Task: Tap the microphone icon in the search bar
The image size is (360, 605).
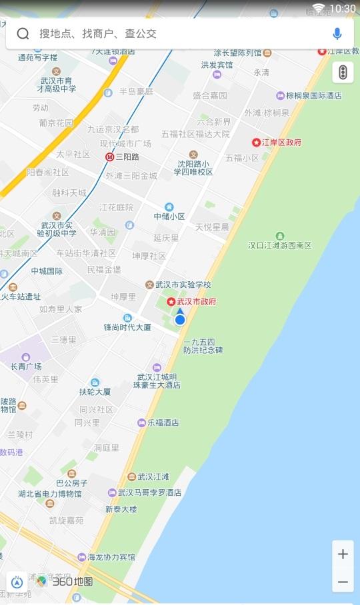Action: coord(337,34)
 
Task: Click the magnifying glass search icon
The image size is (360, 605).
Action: coord(23,34)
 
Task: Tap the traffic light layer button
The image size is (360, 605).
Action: coord(343,72)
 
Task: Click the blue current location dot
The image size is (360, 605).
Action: coord(180,320)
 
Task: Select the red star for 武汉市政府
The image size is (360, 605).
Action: coord(171,302)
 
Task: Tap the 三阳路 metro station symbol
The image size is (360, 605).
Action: coord(110,157)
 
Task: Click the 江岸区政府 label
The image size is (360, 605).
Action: coord(281,142)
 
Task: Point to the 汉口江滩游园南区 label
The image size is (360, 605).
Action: coord(280,245)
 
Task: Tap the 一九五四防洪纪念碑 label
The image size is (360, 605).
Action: coord(203,346)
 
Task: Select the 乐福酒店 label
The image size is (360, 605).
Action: coord(163,422)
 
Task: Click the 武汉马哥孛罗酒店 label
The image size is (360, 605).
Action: coord(149,493)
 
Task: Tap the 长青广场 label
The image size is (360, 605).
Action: coord(26,366)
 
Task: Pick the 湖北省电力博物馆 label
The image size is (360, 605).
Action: coord(51,494)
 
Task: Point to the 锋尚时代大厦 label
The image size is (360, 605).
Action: coord(128,327)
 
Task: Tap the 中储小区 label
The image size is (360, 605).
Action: coord(169,216)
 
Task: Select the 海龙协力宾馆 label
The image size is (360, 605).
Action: coord(111,557)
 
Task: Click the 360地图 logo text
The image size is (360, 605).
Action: coord(73,582)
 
